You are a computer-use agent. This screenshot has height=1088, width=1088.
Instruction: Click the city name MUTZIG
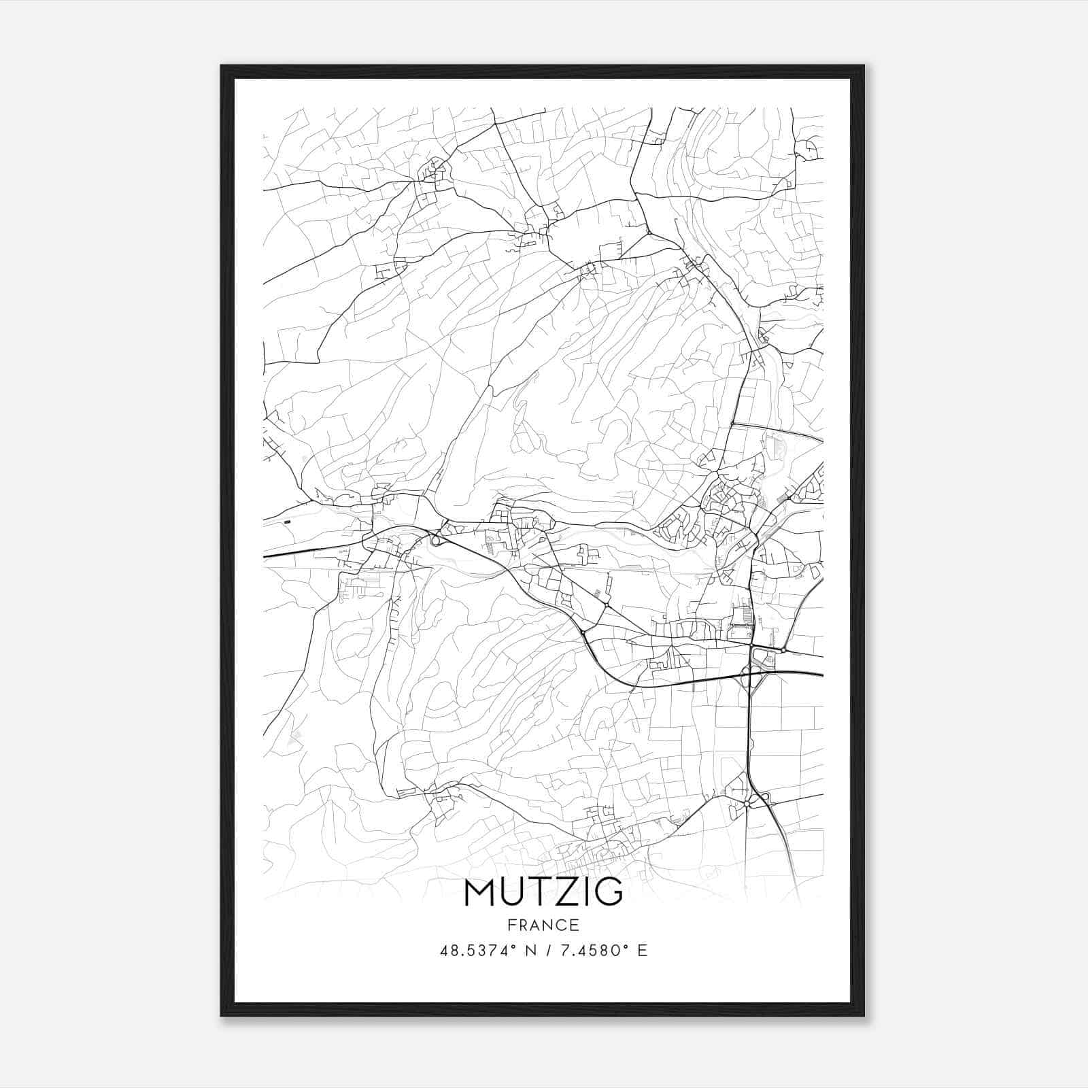click(543, 892)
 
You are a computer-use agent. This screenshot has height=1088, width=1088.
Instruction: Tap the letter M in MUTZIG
click(481, 892)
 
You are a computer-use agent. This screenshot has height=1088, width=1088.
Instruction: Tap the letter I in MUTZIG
click(586, 892)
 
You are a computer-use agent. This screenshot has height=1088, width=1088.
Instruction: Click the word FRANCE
click(543, 925)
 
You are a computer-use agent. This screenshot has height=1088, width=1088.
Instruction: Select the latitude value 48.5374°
click(482, 950)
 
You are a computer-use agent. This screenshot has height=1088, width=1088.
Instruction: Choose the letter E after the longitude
click(642, 950)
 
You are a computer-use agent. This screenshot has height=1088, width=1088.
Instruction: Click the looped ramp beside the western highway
click(435, 541)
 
